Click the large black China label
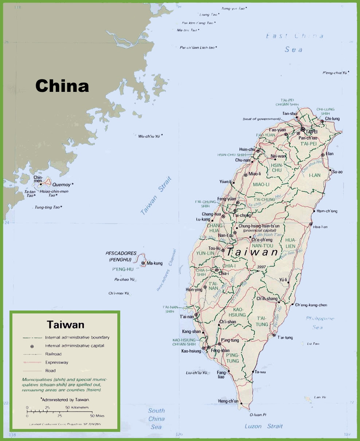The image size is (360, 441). click(x=62, y=86)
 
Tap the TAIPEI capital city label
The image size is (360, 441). click(x=312, y=131)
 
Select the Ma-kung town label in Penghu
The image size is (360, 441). click(x=154, y=263)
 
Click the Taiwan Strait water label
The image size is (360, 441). click(x=156, y=196)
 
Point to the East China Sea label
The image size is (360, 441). click(x=294, y=42)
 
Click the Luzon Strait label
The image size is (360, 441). click(x=263, y=426)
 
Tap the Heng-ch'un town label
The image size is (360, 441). click(x=228, y=401)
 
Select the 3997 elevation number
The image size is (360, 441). click(x=262, y=267)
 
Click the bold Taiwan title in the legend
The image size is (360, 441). click(x=66, y=324)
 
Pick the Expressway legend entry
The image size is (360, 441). click(x=56, y=362)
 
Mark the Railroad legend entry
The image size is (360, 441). click(x=53, y=354)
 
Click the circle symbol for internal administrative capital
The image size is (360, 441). click(x=32, y=346)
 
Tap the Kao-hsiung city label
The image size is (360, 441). click(x=191, y=351)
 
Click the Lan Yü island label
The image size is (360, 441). click(x=319, y=397)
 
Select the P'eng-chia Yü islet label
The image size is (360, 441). click(x=335, y=73)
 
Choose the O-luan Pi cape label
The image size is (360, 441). click(x=258, y=415)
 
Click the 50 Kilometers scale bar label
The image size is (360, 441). click(x=77, y=407)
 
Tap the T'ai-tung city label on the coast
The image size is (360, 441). click(x=285, y=337)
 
